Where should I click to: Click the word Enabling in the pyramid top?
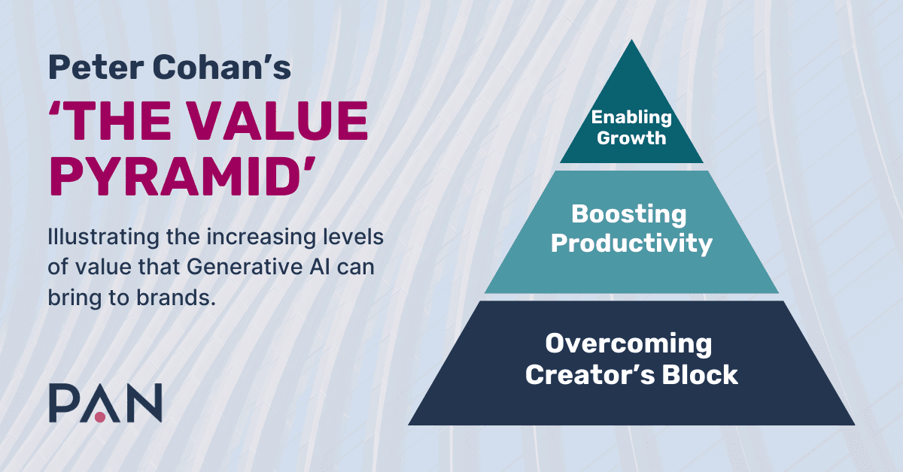[x=631, y=117]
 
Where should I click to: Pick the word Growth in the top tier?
[x=631, y=138]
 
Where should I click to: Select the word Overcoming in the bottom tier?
[x=629, y=344]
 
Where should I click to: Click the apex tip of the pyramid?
[x=631, y=42]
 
